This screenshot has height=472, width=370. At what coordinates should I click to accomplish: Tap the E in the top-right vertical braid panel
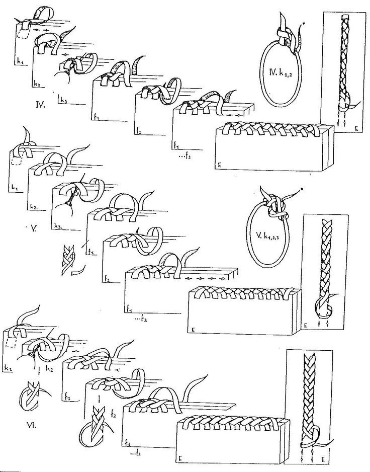coord(356,129)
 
